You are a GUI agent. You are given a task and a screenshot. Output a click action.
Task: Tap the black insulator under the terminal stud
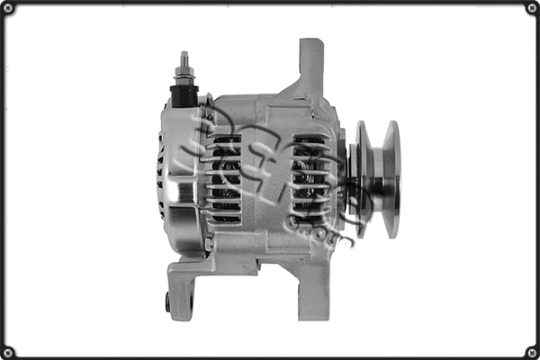pyautogui.click(x=184, y=94)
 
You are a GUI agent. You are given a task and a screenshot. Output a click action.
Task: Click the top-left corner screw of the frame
pyautogui.click(x=8, y=8)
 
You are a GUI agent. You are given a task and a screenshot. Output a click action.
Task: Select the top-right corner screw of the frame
pyautogui.click(x=531, y=8)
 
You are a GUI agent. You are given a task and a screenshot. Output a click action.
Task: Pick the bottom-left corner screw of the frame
pyautogui.click(x=8, y=351)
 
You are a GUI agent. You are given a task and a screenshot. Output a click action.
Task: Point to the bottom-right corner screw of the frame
pyautogui.click(x=531, y=351)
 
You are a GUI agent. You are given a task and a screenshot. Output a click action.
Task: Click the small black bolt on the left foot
pyautogui.click(x=168, y=304)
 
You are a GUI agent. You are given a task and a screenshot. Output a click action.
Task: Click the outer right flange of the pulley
pyautogui.click(x=391, y=179)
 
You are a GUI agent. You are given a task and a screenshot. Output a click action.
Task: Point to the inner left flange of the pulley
pyautogui.click(x=362, y=179)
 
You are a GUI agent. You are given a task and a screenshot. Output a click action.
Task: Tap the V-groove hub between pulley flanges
pyautogui.click(x=377, y=180)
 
